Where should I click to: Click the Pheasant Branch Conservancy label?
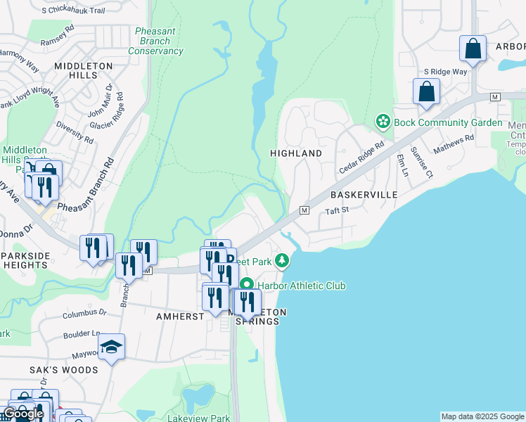click(x=156, y=41)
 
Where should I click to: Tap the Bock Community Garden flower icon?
click(x=383, y=122)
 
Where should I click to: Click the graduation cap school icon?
click(x=111, y=347)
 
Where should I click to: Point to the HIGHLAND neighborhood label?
click(x=296, y=153)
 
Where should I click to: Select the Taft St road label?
click(x=337, y=211)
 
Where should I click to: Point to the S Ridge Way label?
click(x=445, y=72)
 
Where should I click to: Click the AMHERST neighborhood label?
click(x=179, y=316)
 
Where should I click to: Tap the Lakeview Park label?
click(x=199, y=418)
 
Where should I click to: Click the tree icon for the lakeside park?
click(x=282, y=261)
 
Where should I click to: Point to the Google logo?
click(x=23, y=414)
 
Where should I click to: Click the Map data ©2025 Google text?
click(x=482, y=416)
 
